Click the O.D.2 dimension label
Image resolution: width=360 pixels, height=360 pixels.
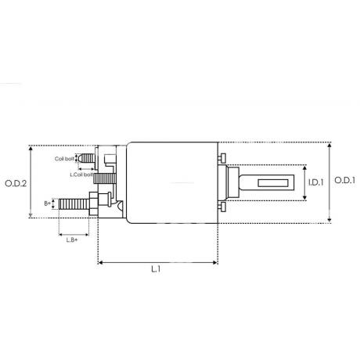[x=16, y=184]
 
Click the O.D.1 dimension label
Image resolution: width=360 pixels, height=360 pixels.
[x=344, y=180]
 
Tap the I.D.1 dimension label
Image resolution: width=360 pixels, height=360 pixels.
[x=315, y=182]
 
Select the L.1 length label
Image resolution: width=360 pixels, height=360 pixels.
[x=156, y=269]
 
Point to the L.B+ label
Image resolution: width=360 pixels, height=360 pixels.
[x=71, y=240]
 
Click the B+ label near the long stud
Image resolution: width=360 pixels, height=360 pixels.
[x=48, y=203]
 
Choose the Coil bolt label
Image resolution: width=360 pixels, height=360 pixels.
[x=64, y=159]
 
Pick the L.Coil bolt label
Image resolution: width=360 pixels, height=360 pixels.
[x=81, y=175]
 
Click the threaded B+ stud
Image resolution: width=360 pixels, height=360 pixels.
[x=74, y=204]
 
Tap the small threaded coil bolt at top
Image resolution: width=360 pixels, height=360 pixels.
[x=88, y=158]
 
